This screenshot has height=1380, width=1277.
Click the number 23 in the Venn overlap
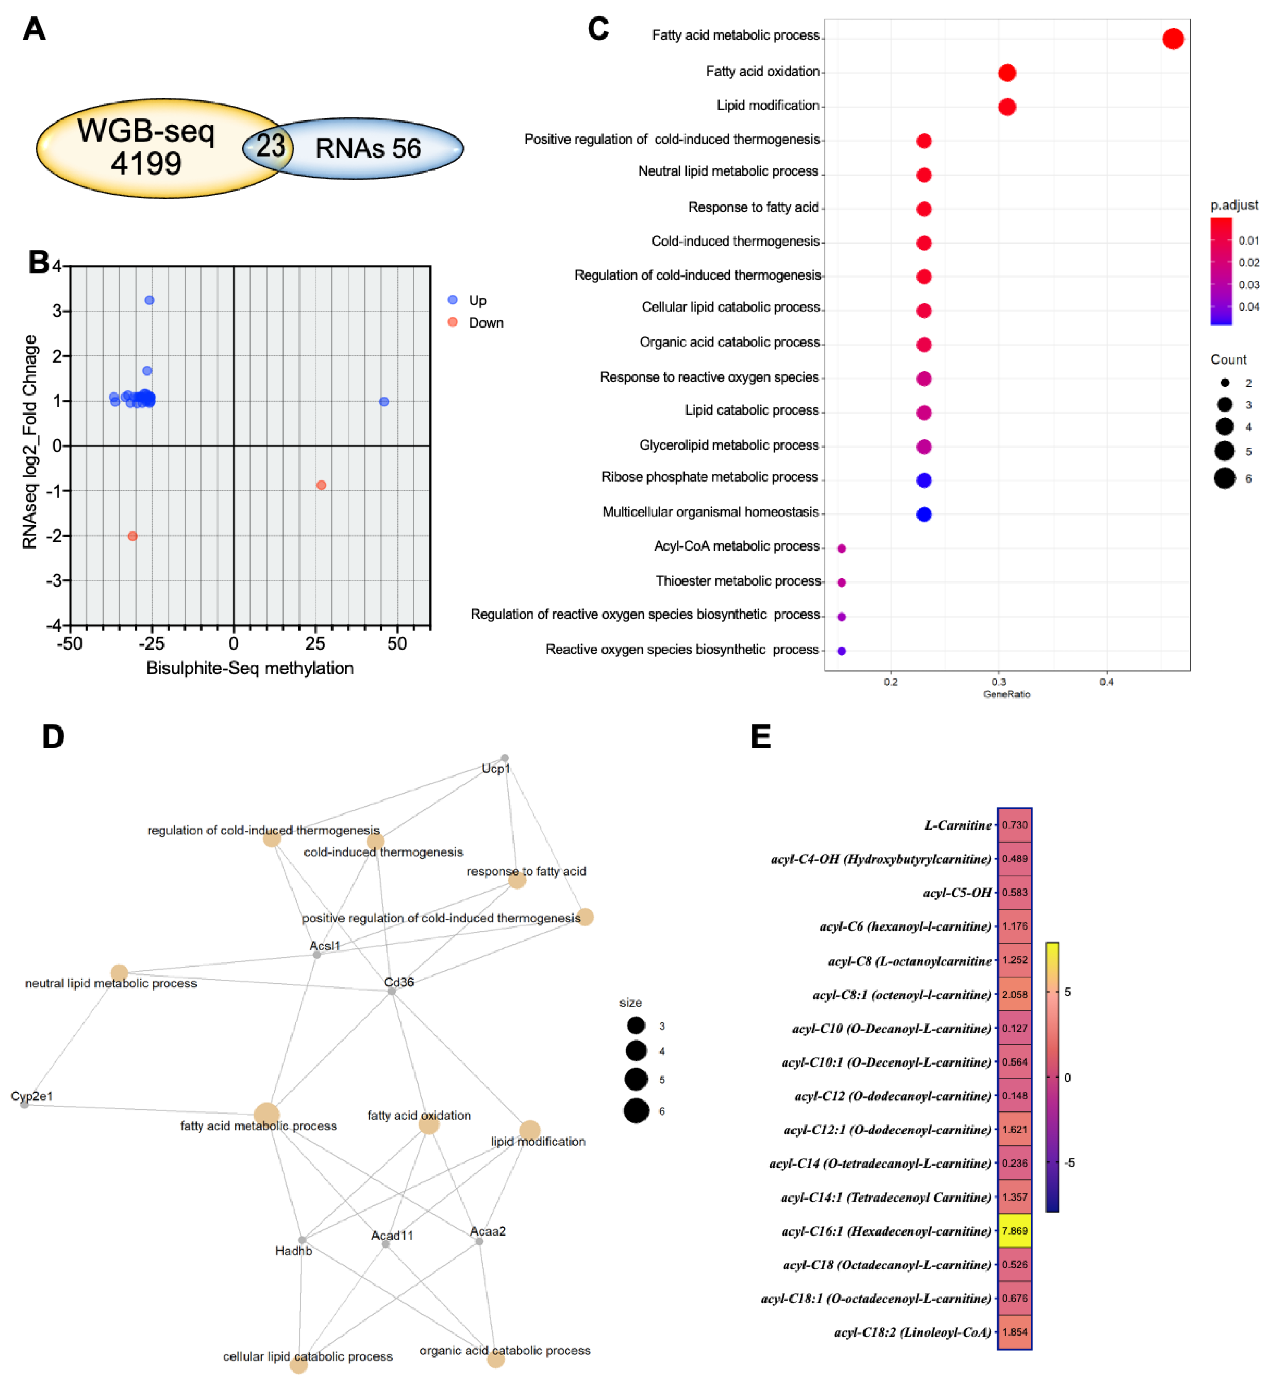270,146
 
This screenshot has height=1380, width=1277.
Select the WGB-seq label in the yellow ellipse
146,131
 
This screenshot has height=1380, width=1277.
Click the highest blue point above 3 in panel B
149,300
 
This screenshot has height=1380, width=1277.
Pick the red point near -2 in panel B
133,536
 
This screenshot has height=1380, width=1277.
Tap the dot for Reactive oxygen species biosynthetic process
842,651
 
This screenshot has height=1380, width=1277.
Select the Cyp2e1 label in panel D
32,1096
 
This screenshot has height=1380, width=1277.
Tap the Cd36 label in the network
399,982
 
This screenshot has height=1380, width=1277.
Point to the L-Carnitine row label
958,825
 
